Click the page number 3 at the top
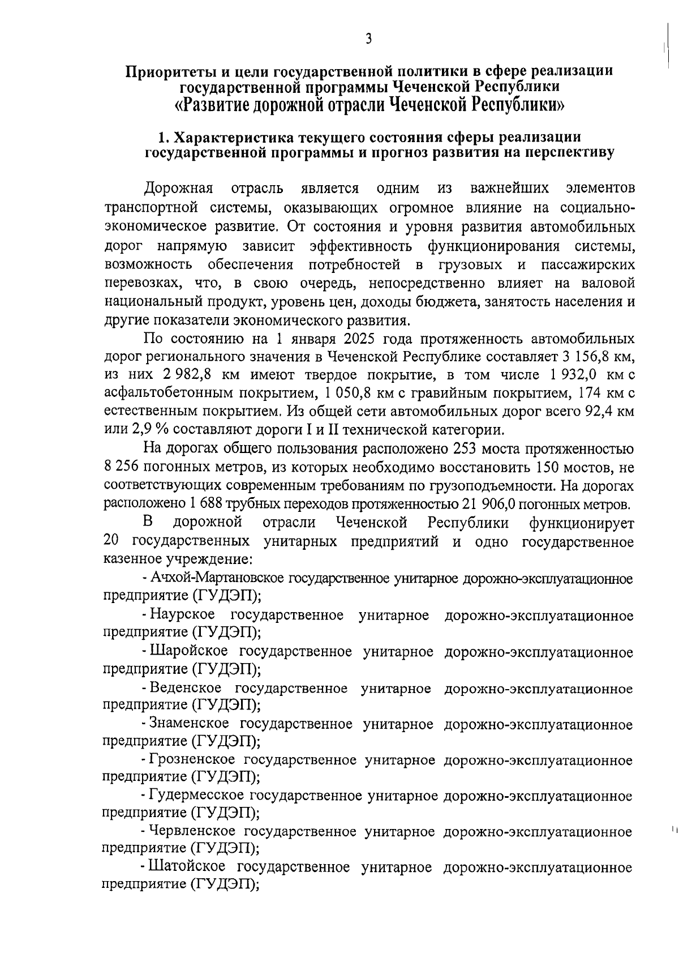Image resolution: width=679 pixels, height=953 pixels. point(368,39)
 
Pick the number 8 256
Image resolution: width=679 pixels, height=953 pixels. point(123,468)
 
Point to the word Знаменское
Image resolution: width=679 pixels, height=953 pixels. point(189,724)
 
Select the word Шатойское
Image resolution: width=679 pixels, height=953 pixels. point(187,867)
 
